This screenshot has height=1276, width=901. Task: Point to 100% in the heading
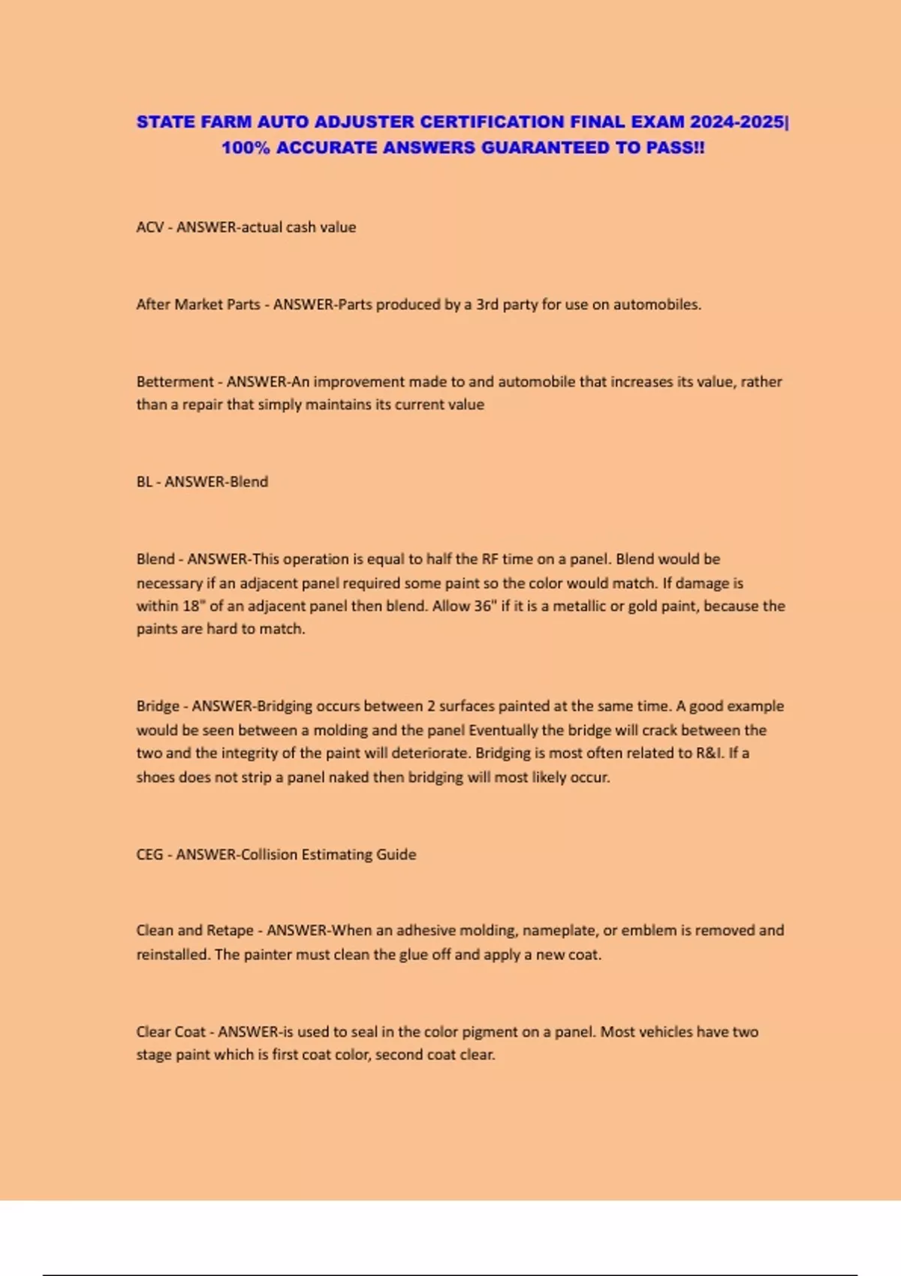coord(246,147)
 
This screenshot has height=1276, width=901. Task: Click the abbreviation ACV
coord(149,227)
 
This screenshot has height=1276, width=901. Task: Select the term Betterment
coord(175,382)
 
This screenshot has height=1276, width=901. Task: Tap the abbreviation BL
coord(144,482)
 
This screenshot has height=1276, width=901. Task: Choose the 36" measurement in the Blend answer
coord(486,606)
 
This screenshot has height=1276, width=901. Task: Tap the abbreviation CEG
coord(149,854)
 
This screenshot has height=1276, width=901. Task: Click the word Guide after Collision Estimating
coord(396,854)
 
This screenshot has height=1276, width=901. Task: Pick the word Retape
coord(230,931)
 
